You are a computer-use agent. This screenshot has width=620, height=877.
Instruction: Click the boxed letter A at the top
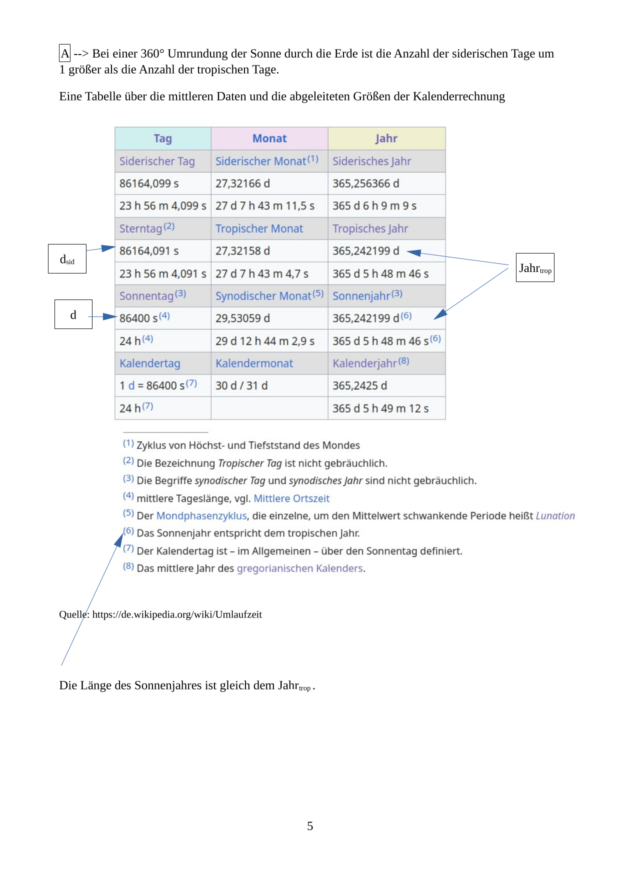click(x=64, y=53)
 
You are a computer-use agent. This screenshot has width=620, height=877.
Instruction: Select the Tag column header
click(x=162, y=138)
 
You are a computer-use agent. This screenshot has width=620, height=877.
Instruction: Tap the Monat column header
click(x=269, y=138)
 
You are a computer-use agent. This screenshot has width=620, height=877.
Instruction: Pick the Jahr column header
click(x=386, y=138)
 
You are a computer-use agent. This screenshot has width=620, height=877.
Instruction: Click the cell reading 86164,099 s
click(x=149, y=183)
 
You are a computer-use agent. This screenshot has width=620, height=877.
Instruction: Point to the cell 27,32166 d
click(x=242, y=183)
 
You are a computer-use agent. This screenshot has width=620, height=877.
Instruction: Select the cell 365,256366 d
click(x=366, y=183)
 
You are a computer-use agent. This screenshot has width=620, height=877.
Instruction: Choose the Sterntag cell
click(x=141, y=228)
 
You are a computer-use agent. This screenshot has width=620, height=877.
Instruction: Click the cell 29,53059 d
click(x=242, y=318)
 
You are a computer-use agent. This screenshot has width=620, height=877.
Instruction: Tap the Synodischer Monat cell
click(x=263, y=296)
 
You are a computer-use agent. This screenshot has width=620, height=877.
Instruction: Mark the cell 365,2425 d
click(x=360, y=385)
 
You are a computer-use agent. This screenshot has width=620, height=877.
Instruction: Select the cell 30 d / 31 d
click(x=241, y=385)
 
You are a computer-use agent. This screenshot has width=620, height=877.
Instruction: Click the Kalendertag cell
click(x=150, y=363)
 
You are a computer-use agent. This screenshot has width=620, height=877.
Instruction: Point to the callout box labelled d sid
click(x=67, y=259)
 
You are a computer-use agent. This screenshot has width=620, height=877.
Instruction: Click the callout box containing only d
click(x=73, y=314)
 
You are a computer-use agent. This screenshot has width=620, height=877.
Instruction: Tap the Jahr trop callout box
click(x=535, y=268)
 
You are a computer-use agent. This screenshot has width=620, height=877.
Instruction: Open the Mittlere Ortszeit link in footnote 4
click(x=291, y=498)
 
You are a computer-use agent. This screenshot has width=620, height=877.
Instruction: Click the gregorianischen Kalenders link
click(x=300, y=568)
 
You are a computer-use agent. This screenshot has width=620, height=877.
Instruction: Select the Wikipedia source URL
click(x=177, y=614)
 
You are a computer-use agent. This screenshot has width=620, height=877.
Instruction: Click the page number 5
click(x=310, y=826)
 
